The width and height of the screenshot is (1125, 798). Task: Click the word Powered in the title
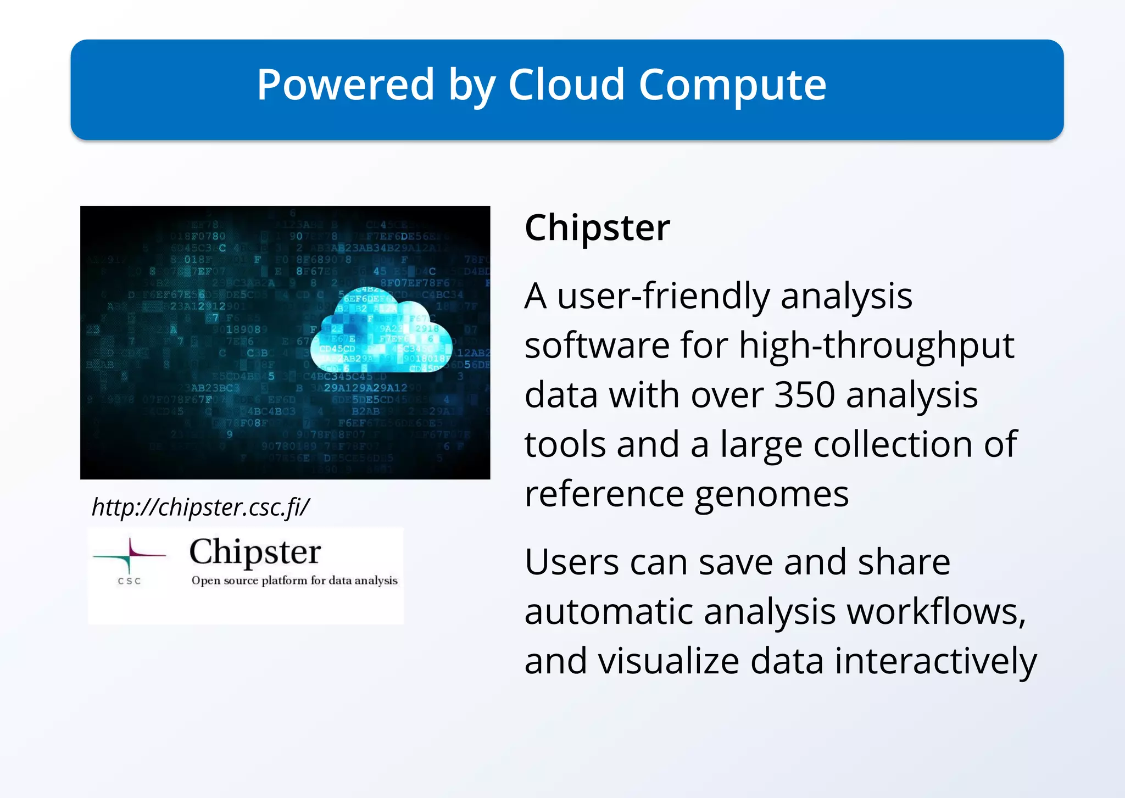coord(346,85)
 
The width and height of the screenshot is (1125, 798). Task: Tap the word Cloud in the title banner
coord(566,85)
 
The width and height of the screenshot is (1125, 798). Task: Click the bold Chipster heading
coord(597,227)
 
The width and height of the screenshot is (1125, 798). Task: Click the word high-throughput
coord(876,346)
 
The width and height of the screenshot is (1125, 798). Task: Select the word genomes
coord(771,494)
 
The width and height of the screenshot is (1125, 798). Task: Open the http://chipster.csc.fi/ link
coord(201,507)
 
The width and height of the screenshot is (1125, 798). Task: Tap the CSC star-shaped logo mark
coord(130,555)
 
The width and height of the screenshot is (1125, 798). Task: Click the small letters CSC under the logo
coord(130,581)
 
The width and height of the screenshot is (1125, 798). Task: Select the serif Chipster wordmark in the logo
coord(255,551)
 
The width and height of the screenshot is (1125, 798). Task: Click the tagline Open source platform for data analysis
coord(294,581)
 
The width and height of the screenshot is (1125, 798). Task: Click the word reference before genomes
coord(604,494)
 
